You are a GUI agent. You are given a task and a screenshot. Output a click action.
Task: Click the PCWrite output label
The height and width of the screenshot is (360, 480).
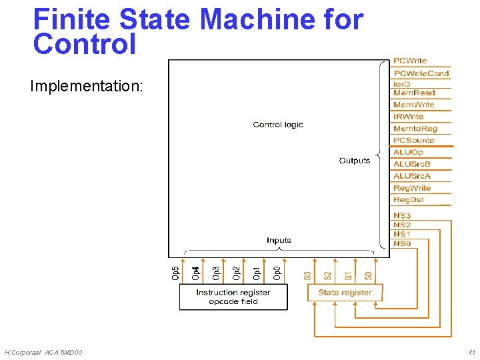(410, 61)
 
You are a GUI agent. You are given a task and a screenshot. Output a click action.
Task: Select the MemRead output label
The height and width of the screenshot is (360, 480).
(414, 93)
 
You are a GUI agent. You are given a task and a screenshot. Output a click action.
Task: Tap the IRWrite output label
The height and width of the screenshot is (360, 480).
(408, 117)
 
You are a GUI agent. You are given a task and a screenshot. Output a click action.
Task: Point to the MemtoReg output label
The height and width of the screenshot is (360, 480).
(415, 129)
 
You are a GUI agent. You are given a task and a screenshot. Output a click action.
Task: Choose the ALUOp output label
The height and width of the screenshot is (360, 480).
(408, 153)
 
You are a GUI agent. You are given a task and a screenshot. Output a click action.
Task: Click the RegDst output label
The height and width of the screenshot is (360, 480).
(408, 200)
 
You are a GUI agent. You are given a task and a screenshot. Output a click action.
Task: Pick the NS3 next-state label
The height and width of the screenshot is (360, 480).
(402, 215)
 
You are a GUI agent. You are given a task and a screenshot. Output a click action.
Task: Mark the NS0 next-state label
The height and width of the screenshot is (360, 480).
(402, 243)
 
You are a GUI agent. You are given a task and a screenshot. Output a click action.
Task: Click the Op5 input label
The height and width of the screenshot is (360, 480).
(175, 273)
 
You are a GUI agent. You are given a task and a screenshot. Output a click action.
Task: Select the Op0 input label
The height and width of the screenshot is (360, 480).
(277, 273)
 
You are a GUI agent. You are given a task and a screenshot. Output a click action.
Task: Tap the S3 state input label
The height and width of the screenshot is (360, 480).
(307, 275)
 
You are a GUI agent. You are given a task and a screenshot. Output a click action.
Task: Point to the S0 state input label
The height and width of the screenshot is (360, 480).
(368, 275)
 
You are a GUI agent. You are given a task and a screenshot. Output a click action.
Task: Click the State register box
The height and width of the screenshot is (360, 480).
(345, 293)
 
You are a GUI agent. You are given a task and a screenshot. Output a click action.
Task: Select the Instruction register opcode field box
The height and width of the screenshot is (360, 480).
(233, 297)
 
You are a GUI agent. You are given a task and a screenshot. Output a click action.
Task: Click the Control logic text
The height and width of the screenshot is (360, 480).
(278, 125)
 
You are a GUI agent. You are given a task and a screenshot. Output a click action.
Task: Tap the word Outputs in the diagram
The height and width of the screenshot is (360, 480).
(354, 161)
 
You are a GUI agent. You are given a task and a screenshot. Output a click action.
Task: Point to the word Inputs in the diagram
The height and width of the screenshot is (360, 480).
(279, 240)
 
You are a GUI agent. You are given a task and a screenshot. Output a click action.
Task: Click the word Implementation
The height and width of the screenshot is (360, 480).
(86, 87)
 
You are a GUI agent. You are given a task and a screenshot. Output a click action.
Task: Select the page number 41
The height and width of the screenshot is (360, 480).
(471, 352)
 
